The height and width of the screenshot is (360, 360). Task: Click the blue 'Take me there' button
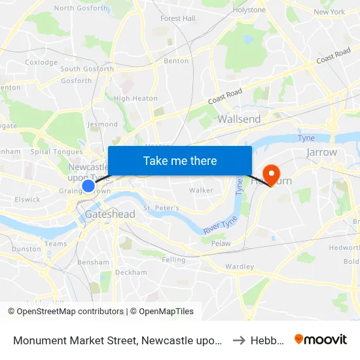tap(180, 160)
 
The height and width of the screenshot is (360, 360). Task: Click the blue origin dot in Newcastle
tap(88, 187)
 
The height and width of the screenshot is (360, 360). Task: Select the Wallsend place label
tap(239, 119)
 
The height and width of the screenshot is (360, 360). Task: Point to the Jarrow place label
tap(321, 152)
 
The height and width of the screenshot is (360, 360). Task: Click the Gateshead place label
tap(110, 214)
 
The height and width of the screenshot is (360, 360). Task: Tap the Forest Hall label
tap(178, 18)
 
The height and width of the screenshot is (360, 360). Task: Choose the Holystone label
tap(249, 10)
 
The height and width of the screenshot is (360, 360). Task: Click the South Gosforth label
tap(86, 69)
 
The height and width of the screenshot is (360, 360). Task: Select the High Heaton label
tap(135, 99)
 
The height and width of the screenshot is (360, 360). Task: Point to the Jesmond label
tap(103, 124)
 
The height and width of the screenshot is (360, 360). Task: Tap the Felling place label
tap(173, 260)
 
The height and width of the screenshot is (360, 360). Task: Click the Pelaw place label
tap(221, 243)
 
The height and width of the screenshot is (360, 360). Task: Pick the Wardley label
tap(239, 266)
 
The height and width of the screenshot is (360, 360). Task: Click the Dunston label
tap(26, 249)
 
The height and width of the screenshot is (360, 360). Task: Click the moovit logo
tap(321, 339)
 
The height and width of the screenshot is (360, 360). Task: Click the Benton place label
tap(176, 60)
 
